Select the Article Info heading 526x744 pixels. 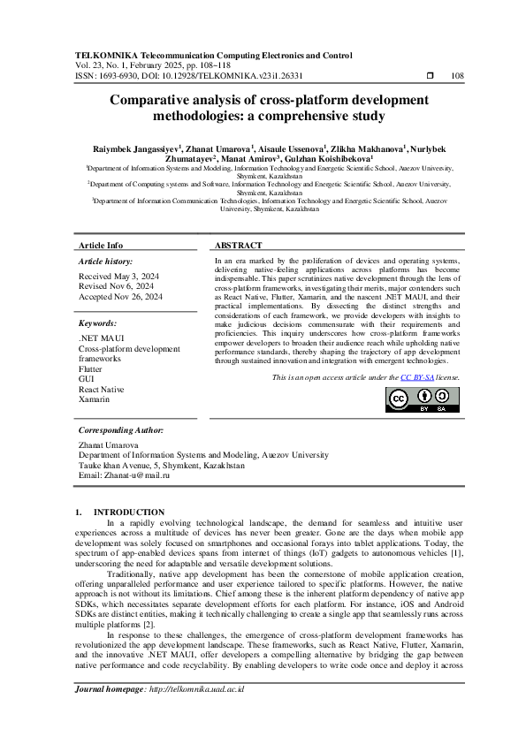click(101, 245)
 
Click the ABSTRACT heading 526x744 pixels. click(238, 245)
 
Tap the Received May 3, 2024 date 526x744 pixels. click(116, 276)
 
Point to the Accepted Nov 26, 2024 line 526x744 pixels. click(120, 297)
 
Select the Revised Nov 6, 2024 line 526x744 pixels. click(116, 286)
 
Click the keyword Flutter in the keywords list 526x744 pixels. click(90, 369)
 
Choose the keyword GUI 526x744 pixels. click(86, 379)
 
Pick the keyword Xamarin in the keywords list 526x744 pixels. click(95, 399)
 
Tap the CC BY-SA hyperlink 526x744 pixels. click(415, 377)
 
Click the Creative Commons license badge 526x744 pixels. click(422, 399)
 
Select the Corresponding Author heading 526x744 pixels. click(121, 429)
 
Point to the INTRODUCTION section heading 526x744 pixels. click(129, 512)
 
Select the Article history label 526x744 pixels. click(105, 262)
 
